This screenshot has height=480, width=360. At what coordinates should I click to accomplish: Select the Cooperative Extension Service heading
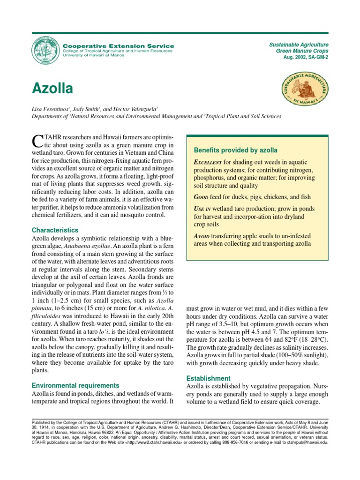pos(118,46)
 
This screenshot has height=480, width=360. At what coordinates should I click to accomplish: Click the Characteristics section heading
pos(55,230)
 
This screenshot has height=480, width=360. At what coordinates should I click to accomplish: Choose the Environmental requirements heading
pos(75,385)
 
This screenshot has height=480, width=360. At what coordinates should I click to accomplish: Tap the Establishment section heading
pos(208,378)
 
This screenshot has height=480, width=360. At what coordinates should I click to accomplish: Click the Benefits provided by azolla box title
pos(236,150)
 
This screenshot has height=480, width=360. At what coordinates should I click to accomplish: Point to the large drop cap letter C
pos(36,140)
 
